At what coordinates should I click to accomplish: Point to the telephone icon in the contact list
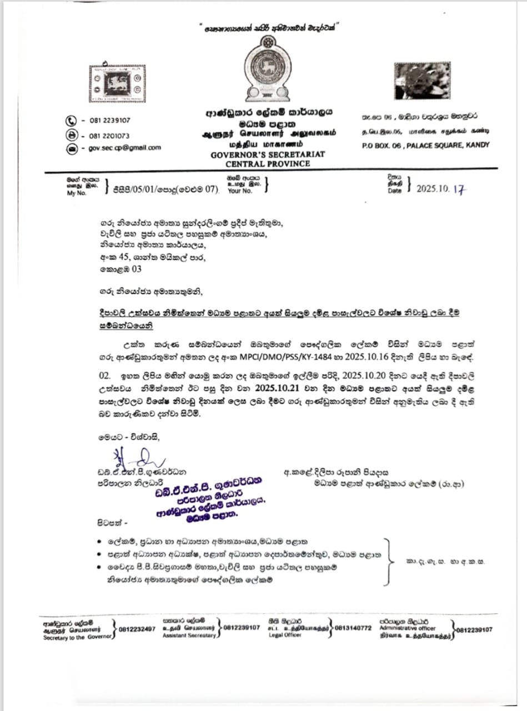tap(71, 120)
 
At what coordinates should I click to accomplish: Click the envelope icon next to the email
tap(71, 148)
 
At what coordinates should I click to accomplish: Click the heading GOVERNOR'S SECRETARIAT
tap(268, 154)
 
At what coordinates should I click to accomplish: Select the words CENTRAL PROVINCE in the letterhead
tap(268, 164)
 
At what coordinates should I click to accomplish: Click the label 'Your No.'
tap(239, 191)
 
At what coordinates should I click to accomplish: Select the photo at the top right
tap(422, 81)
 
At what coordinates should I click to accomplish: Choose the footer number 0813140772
tap(353, 628)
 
